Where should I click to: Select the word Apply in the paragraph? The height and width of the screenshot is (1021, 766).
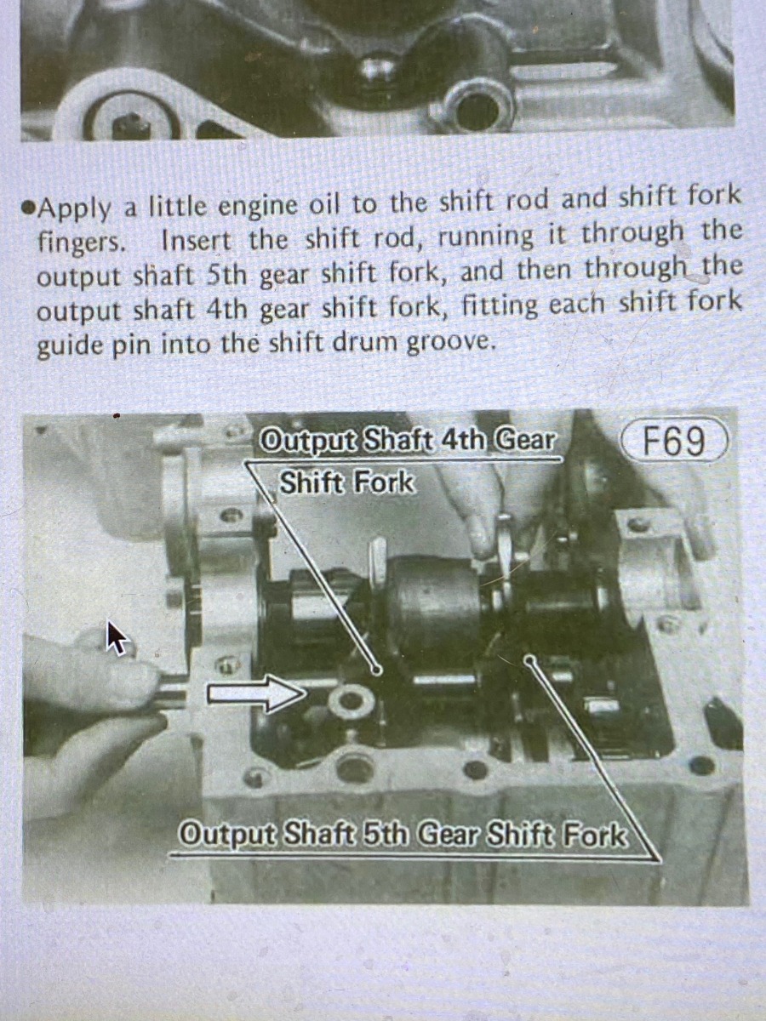point(75,209)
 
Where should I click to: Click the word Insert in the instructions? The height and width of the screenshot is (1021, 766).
point(197,241)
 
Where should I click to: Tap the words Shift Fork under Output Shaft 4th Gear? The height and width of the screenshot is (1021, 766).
point(346,482)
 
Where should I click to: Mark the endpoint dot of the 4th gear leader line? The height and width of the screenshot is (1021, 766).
point(376,670)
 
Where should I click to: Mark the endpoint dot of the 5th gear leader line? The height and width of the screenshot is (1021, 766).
point(529,660)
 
